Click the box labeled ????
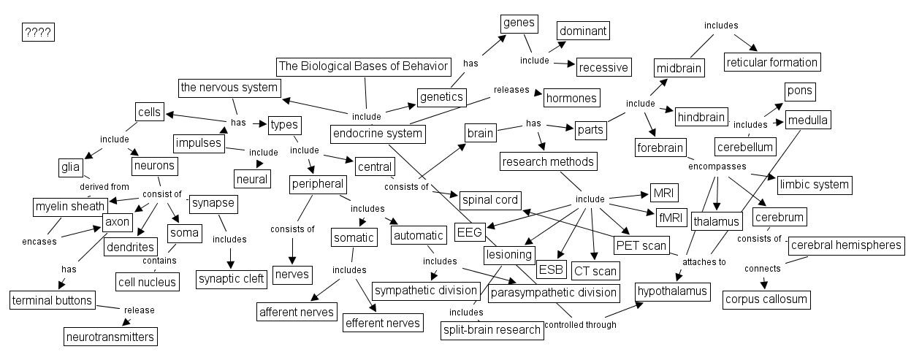coord(38,33)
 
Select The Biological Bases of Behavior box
coord(364,66)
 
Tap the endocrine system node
coord(378,134)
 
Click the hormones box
coord(571,98)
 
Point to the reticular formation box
coord(772,62)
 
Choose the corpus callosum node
coord(766,299)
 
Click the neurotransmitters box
coord(110,337)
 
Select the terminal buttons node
coord(52,300)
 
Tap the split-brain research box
coord(492,330)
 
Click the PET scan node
coord(641,245)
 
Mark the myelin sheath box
coord(70,207)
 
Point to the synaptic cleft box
coord(232,279)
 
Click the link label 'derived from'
coord(104,186)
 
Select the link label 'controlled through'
coord(580,325)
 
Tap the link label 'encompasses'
coord(717,166)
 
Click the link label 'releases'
coord(511,90)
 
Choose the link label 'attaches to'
coord(704,262)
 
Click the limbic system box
coord(815,185)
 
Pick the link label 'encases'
coord(39,242)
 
